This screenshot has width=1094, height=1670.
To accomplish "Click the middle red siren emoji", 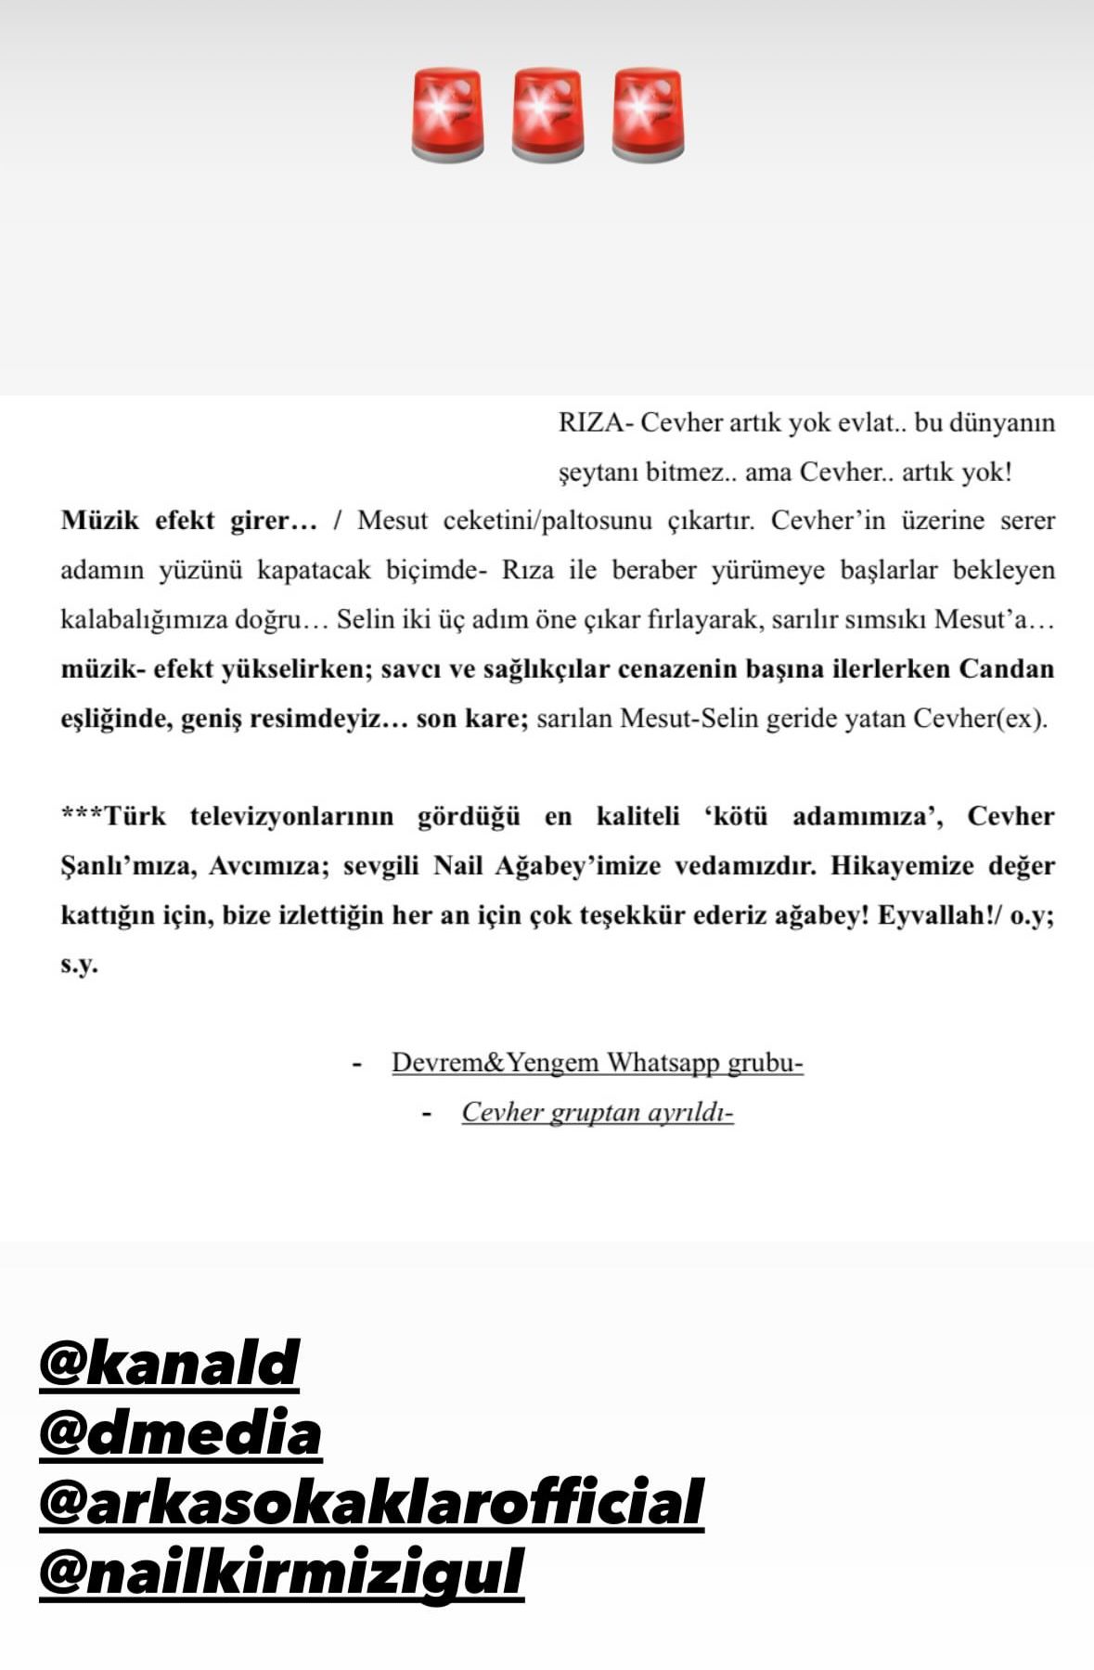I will click(x=547, y=115).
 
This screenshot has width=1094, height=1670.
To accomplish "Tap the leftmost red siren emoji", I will click(x=447, y=115).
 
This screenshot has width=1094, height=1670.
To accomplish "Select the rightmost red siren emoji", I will click(x=648, y=115).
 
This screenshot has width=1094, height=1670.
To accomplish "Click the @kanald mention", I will click(x=169, y=1364).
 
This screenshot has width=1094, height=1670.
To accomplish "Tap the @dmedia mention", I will click(x=180, y=1432).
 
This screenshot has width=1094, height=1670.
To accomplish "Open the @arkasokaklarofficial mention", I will click(x=371, y=1502).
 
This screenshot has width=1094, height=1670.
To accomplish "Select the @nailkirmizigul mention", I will click(x=281, y=1572).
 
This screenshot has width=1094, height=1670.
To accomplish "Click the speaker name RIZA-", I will click(x=595, y=423).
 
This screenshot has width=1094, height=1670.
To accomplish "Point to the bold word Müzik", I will click(x=99, y=521).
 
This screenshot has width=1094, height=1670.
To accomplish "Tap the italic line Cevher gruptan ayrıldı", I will click(x=597, y=1112).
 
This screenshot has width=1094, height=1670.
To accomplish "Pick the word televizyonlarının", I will click(x=291, y=817).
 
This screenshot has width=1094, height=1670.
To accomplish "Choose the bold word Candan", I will click(x=1006, y=669).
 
